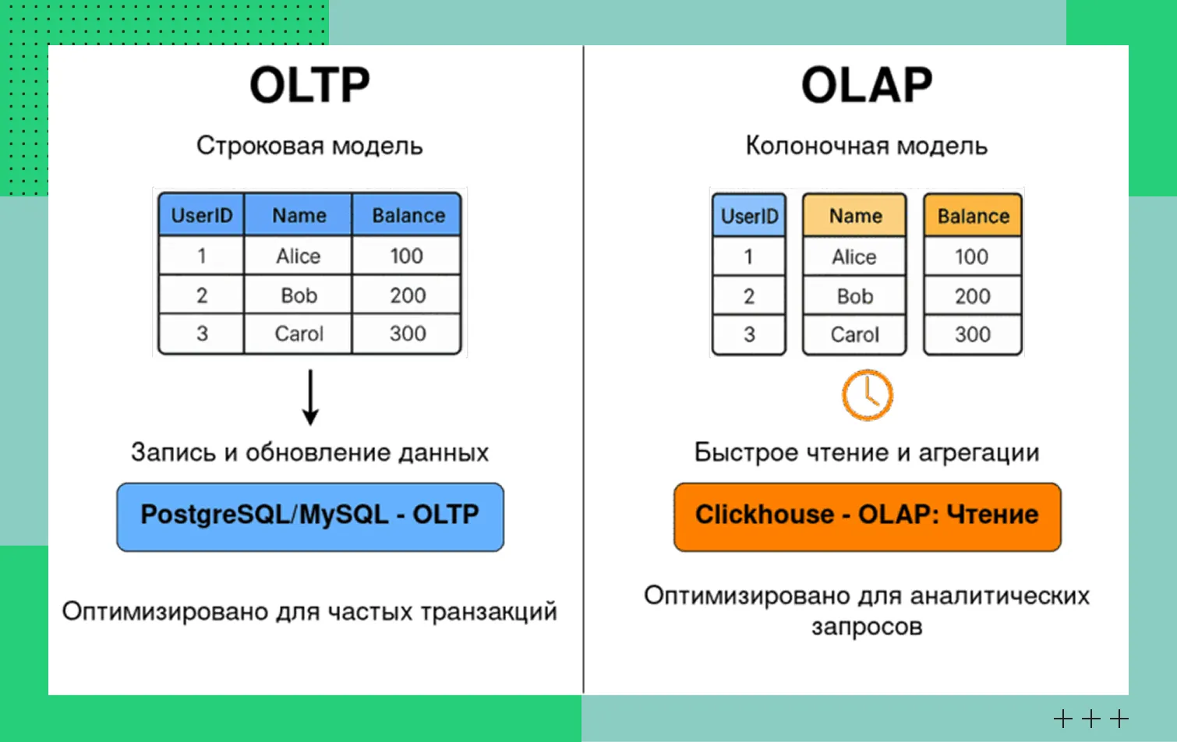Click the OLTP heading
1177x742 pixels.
point(309,85)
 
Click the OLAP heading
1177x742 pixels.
point(867,85)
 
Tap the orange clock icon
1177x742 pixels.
point(867,395)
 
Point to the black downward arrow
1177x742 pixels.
point(310,397)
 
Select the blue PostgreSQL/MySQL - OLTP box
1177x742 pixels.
point(310,517)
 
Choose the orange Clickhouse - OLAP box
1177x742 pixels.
point(867,517)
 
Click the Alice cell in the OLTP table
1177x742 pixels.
point(298,256)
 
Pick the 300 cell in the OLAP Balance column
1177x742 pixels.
point(973,334)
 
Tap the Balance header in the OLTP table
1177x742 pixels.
point(407,215)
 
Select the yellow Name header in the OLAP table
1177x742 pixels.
point(854,215)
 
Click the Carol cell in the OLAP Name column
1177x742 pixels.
point(854,334)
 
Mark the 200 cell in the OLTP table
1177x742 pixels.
point(407,295)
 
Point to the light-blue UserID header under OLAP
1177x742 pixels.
point(749,215)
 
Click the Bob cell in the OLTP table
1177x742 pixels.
point(298,295)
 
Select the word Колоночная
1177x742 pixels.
point(817,146)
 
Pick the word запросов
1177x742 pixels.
point(867,627)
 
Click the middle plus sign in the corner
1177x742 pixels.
point(1091,719)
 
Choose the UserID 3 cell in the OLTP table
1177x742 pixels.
point(202,334)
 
